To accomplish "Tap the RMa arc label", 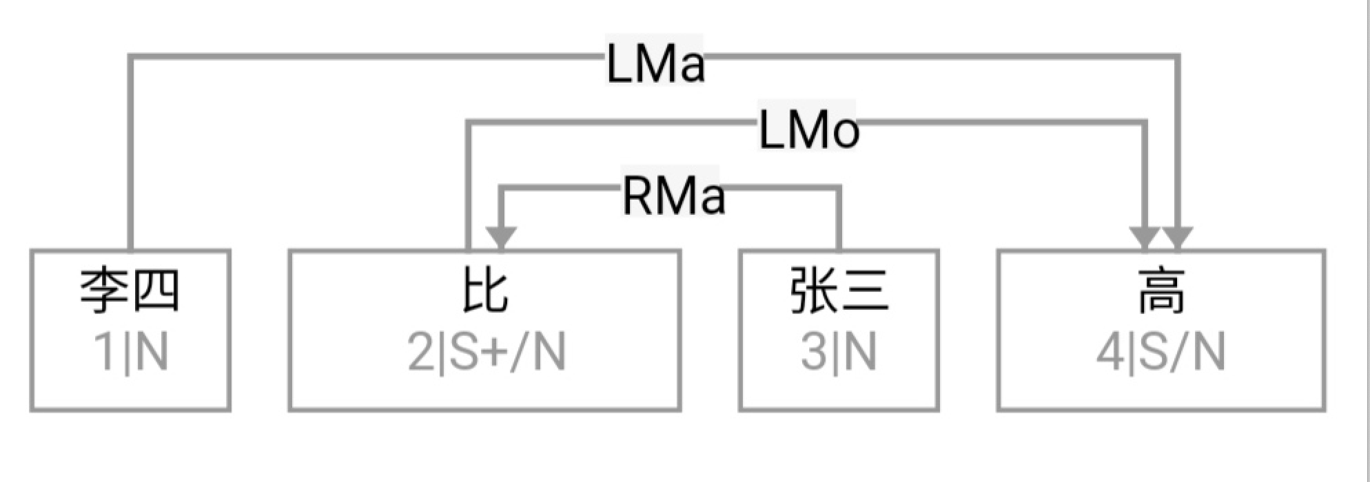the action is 673,196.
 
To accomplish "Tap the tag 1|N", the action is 131,352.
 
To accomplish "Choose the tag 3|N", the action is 839,352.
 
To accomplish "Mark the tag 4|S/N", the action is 1161,352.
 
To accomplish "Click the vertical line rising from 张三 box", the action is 839,218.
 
